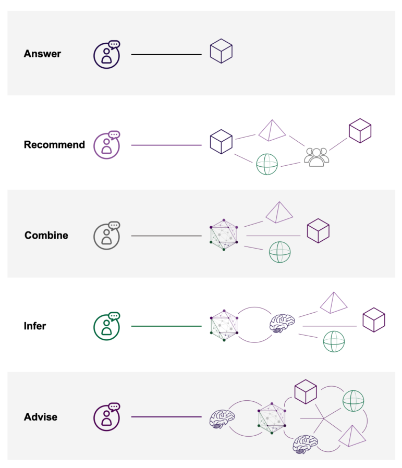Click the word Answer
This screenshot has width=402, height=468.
coord(42,54)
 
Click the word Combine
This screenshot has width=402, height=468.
coord(46,236)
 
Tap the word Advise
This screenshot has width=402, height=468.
coord(41,417)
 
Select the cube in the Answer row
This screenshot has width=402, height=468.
coord(221,52)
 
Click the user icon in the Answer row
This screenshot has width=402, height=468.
coord(107,54)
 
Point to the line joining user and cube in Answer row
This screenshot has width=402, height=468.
coord(166,54)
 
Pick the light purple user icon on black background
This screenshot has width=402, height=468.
coord(107,145)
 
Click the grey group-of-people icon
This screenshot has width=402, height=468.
coord(316,157)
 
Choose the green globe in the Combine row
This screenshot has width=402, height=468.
coord(280,252)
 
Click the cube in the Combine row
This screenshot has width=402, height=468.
coord(318,230)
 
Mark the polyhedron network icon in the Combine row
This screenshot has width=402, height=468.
coord(224,236)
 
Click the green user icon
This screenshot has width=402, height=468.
coord(107,326)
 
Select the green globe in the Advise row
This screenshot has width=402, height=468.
coord(353,401)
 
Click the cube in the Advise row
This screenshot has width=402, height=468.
coord(306,392)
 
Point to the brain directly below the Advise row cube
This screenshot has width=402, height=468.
coord(305,444)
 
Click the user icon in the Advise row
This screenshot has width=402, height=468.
coord(107,417)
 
